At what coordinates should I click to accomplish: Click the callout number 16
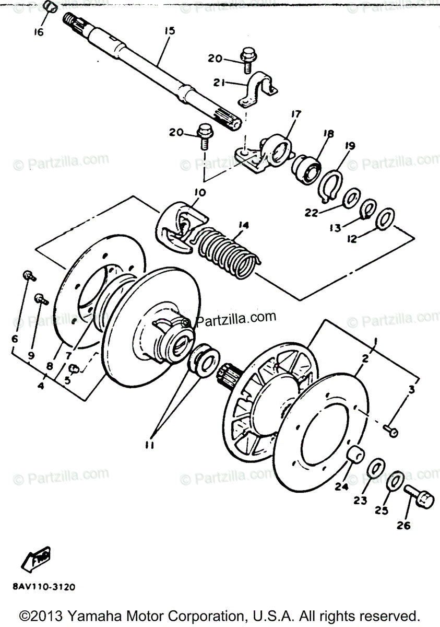[x=39, y=32]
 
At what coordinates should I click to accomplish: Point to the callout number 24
[x=342, y=486]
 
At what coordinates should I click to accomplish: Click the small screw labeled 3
[x=391, y=431]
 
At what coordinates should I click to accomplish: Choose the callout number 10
[x=199, y=193]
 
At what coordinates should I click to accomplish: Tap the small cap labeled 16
[x=50, y=7]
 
